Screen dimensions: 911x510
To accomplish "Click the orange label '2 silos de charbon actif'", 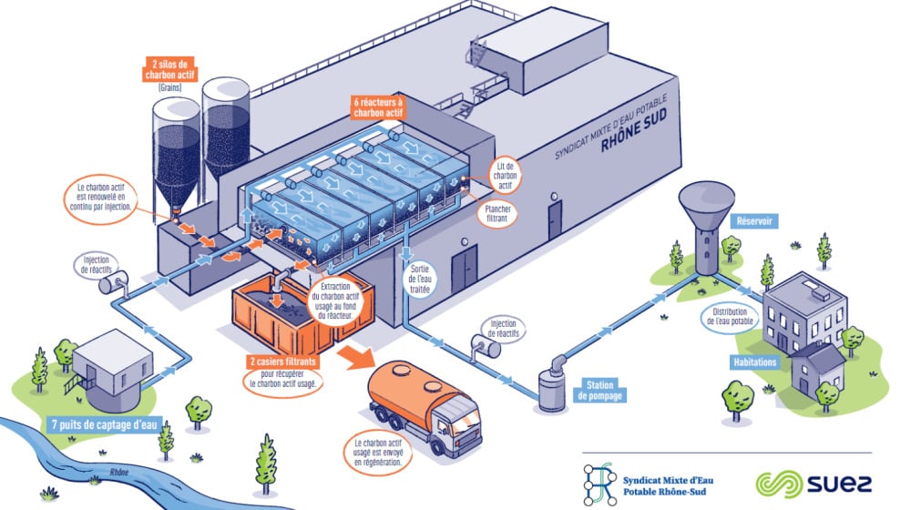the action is [x=169, y=70].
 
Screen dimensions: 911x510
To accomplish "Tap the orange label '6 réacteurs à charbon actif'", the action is [x=378, y=107].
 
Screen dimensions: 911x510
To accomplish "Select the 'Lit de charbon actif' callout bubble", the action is [x=505, y=176].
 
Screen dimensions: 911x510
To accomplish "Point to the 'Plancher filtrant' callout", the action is [x=497, y=213].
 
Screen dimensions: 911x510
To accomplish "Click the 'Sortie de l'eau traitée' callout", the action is [x=419, y=279].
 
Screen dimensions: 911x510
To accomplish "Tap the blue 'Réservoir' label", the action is [x=754, y=221].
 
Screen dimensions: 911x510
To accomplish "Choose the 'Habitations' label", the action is [x=754, y=362].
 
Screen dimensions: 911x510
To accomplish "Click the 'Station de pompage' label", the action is [x=599, y=391].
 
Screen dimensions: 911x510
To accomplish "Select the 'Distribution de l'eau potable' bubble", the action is [x=730, y=316].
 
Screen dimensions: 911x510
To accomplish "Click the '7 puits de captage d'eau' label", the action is [x=105, y=424].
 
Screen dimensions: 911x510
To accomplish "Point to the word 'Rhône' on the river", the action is [x=118, y=473].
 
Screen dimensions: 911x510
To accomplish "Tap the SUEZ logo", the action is [x=814, y=484].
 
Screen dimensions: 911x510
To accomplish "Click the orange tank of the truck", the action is [x=409, y=389].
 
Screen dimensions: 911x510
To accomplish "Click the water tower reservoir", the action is [x=706, y=227].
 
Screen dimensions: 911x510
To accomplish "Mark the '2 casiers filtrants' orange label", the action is [x=283, y=362].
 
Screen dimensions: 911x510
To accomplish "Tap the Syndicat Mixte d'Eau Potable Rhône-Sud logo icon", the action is [x=599, y=484].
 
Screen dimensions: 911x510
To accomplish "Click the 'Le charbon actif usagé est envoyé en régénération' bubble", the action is [x=378, y=453].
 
